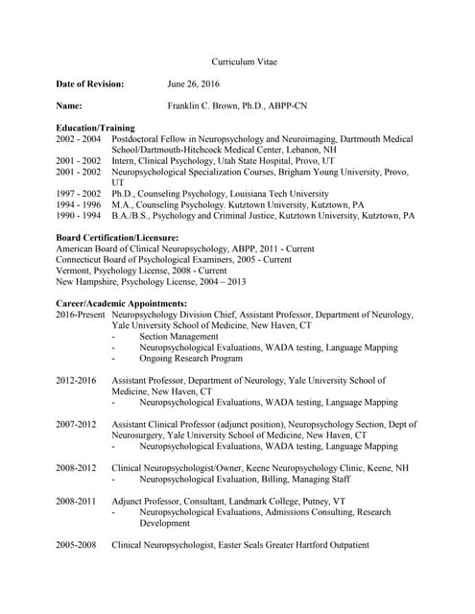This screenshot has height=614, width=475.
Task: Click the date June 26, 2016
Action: click(x=193, y=84)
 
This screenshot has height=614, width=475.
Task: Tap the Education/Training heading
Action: click(x=95, y=128)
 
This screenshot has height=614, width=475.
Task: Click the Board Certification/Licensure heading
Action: click(x=117, y=237)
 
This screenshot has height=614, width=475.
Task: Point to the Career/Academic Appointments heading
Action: click(x=121, y=303)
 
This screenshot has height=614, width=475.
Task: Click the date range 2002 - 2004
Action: click(x=78, y=139)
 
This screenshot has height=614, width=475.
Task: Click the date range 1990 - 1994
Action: click(x=78, y=216)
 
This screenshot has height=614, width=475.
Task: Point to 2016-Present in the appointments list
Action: click(x=82, y=315)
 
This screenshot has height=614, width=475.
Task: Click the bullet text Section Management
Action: click(x=178, y=337)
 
